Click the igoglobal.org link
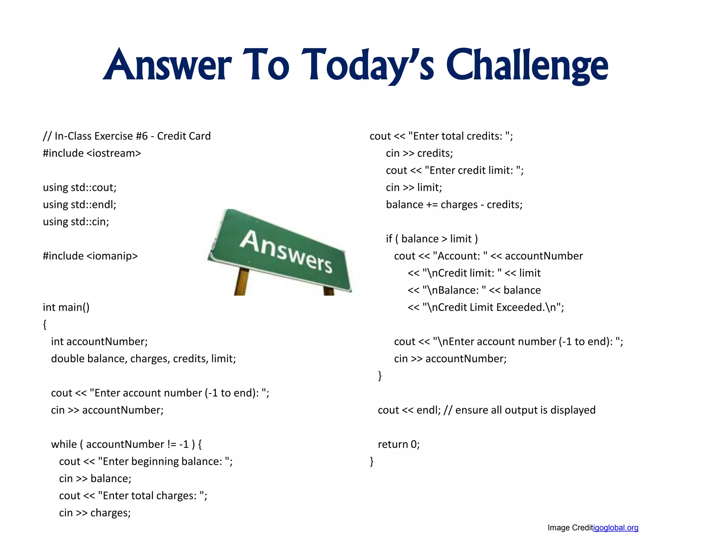pos(616,528)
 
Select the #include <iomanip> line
pos(90,256)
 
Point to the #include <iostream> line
pos(92,153)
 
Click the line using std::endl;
pos(79,204)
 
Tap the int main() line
pos(66,307)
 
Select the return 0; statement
pos(399,444)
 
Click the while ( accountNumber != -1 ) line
pos(126,444)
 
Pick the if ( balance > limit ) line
pos(432,239)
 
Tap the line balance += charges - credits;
pos(454,204)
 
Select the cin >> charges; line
pos(95,513)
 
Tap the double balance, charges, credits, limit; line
pos(143,359)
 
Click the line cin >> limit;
pos(414,187)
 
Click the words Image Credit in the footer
pos(570,528)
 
